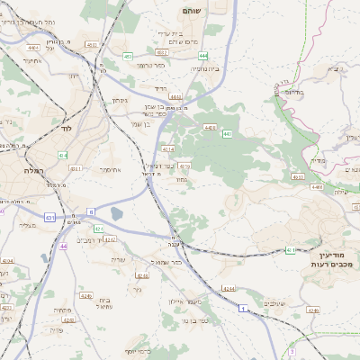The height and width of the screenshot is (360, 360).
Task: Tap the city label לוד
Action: (x=64, y=129)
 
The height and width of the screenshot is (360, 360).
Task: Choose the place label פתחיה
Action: (x=63, y=310)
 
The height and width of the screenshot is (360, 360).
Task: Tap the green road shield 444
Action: (x=203, y=56)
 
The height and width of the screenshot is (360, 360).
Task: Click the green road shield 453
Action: (x=127, y=56)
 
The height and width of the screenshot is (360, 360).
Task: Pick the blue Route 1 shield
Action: (x=242, y=309)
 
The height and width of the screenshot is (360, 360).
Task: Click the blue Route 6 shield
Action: (x=90, y=211)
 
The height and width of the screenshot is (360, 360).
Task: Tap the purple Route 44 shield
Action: (x=63, y=246)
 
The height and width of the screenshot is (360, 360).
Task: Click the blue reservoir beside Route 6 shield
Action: (x=117, y=214)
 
